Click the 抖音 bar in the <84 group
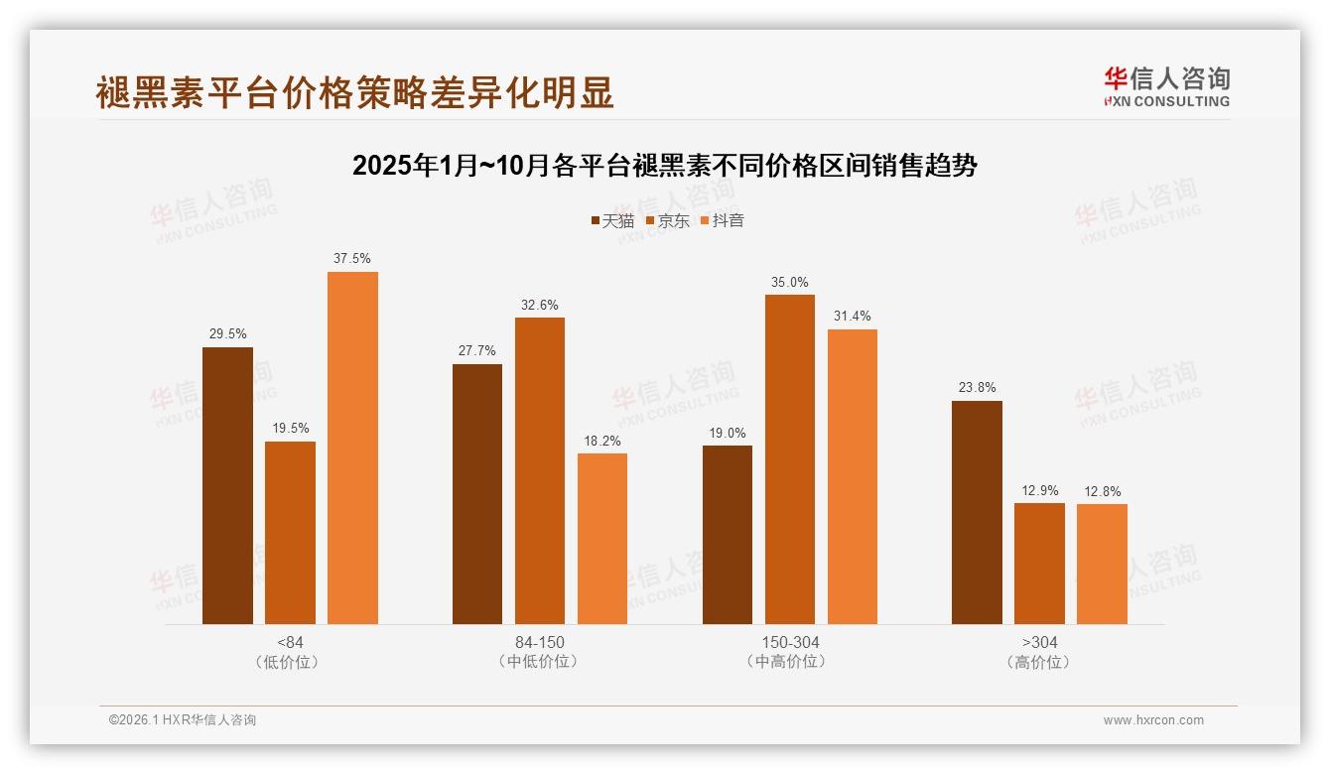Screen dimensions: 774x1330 click(x=352, y=448)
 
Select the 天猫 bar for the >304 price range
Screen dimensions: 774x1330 click(x=977, y=512)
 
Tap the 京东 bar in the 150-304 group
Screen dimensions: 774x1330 click(x=789, y=459)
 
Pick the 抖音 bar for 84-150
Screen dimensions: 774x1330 click(x=602, y=539)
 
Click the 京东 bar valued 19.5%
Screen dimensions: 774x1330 click(x=290, y=533)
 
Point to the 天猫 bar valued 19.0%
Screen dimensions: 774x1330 click(x=728, y=535)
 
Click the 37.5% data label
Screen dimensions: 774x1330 click(x=352, y=259)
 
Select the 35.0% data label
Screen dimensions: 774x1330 click(x=789, y=282)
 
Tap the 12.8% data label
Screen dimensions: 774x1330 click(x=1102, y=491)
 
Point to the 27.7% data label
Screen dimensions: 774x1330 click(x=477, y=351)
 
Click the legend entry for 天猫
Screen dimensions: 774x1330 click(x=611, y=220)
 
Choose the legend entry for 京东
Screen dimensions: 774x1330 click(x=667, y=220)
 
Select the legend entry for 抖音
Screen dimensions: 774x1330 click(x=722, y=220)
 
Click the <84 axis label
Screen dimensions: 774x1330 click(x=291, y=642)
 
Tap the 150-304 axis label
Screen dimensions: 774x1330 click(x=790, y=642)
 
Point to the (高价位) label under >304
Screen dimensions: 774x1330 click(x=1039, y=662)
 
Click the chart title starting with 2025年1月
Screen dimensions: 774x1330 click(x=664, y=166)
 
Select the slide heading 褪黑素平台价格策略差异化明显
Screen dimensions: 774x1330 click(x=355, y=92)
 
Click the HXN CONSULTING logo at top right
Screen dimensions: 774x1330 click(x=1166, y=87)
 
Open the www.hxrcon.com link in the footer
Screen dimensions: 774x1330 click(x=1152, y=720)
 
